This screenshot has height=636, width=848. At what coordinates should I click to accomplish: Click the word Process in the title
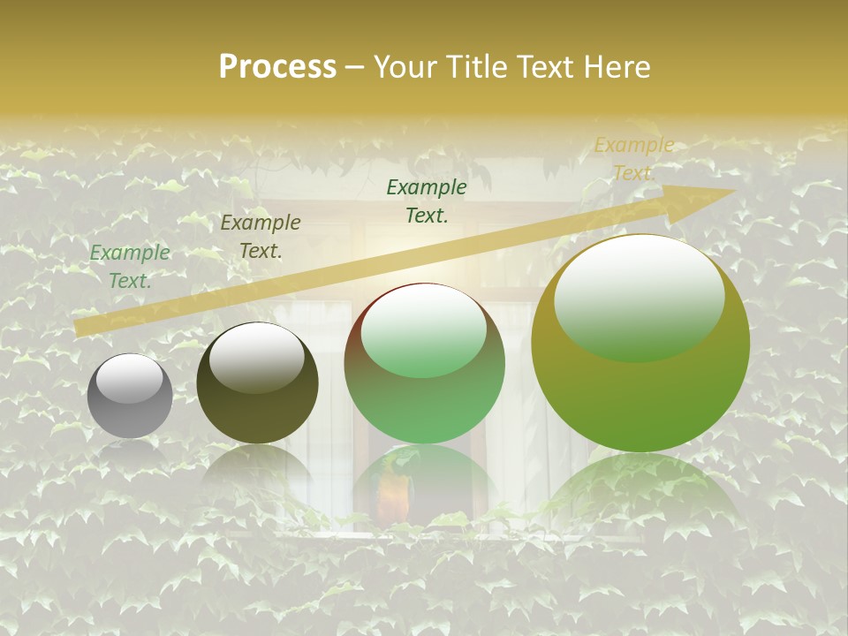click(x=277, y=67)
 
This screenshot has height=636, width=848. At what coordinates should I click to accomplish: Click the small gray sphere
click(x=130, y=397)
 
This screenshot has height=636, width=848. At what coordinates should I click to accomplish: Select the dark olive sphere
click(x=257, y=389)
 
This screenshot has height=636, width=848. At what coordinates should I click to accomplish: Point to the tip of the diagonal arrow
click(x=733, y=191)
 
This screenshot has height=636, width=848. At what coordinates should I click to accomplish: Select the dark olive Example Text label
click(x=261, y=237)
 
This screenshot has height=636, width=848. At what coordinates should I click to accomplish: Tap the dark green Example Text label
click(x=427, y=201)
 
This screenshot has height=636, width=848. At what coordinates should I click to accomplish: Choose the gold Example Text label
click(x=633, y=159)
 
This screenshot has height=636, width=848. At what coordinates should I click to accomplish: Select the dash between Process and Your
click(x=355, y=67)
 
